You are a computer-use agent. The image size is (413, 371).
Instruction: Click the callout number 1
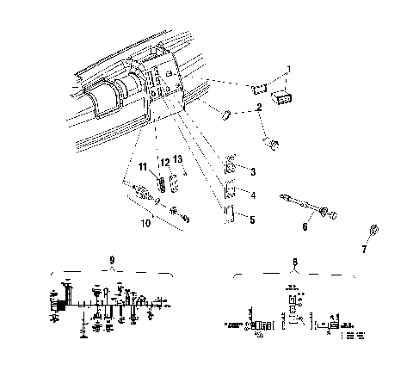[289, 68]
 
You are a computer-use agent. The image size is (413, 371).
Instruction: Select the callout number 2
[258, 108]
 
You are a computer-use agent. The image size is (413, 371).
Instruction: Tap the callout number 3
[252, 172]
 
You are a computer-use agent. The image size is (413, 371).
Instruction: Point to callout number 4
[252, 195]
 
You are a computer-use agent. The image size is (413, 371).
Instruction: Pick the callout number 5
[252, 220]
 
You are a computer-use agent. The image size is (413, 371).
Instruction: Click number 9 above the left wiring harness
[112, 259]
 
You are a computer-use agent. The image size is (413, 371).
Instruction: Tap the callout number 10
[147, 222]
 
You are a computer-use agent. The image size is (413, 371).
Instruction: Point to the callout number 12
[163, 163]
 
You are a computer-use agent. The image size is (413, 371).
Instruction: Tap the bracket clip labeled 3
[231, 164]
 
